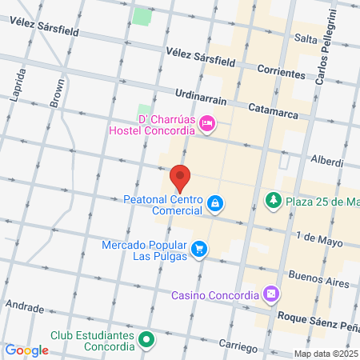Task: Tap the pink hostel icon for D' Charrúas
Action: pos(206,122)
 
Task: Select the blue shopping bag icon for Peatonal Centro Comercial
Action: pos(214,204)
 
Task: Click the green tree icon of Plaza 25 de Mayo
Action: pos(274,198)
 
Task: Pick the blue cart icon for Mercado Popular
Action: pos(199,250)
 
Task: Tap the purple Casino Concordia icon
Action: pos(272,294)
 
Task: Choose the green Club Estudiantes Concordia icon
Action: pos(146,341)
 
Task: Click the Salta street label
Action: pos(306,38)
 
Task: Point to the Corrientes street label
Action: pos(281,73)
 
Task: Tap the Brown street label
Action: pos(58,93)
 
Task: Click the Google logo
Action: pos(26,350)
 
